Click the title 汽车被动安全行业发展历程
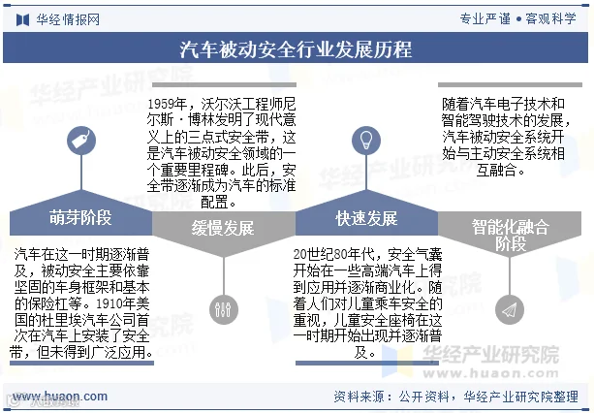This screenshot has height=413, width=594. click(297, 49)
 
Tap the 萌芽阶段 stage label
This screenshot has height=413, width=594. click(80, 216)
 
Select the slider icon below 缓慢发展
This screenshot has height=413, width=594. click(224, 308)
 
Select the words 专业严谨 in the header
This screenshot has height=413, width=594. click(485, 18)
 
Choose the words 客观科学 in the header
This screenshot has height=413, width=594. click(554, 18)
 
